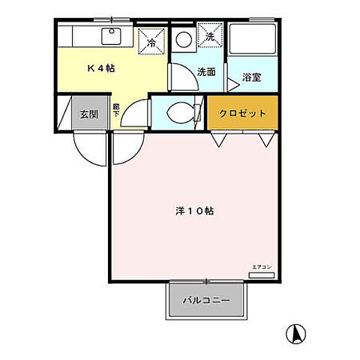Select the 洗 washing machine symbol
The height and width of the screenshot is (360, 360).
[x=211, y=36]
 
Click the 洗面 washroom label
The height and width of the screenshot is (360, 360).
[x=206, y=72]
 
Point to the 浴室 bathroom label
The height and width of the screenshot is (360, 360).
[x=252, y=76]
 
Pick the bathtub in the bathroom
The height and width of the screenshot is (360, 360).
[x=253, y=39]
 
